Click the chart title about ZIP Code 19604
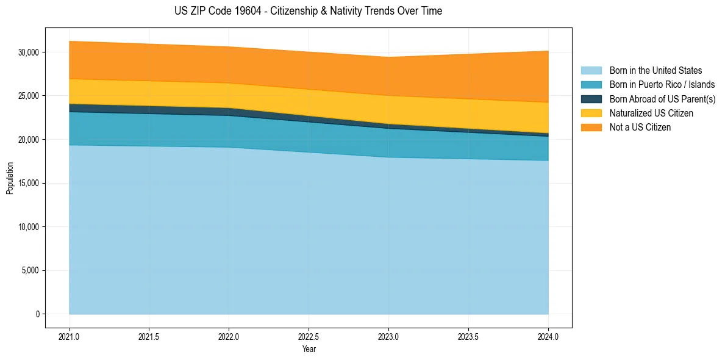pyautogui.click(x=308, y=11)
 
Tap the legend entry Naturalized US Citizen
pyautogui.click(x=651, y=113)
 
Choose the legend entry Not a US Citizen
pyautogui.click(x=640, y=127)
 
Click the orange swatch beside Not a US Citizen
pyautogui.click(x=591, y=127)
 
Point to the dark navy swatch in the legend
pyautogui.click(x=591, y=99)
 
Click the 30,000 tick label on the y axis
pyautogui.click(x=28, y=52)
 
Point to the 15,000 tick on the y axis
pyautogui.click(x=28, y=183)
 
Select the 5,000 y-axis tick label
pyautogui.click(x=30, y=270)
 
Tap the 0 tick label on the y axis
pyautogui.click(x=37, y=314)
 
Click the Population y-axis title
pyautogui.click(x=10, y=178)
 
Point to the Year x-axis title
pyautogui.click(x=309, y=350)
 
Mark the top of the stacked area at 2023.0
pyautogui.click(x=388, y=57)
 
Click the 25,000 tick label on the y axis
pyautogui.click(x=28, y=96)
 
